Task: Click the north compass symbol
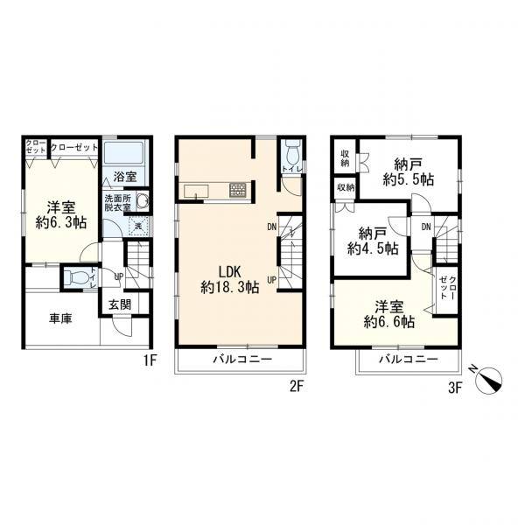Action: pyautogui.click(x=488, y=380)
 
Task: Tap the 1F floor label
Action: pyautogui.click(x=150, y=360)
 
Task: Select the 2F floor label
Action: pyautogui.click(x=297, y=387)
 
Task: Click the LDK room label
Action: pyautogui.click(x=230, y=271)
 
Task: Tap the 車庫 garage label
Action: pyautogui.click(x=60, y=318)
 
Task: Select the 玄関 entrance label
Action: pyautogui.click(x=120, y=304)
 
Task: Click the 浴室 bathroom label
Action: pyautogui.click(x=125, y=177)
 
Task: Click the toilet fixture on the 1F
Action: pyautogui.click(x=77, y=276)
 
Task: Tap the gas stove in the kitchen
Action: pyautogui.click(x=238, y=190)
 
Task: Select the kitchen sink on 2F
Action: pyautogui.click(x=197, y=192)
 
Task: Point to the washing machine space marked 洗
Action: pyautogui.click(x=138, y=227)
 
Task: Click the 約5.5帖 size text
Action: pyautogui.click(x=409, y=180)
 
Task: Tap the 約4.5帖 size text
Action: pyautogui.click(x=373, y=248)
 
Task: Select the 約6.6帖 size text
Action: pyautogui.click(x=389, y=322)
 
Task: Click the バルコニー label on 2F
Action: pyautogui.click(x=243, y=360)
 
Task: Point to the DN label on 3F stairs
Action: pyautogui.click(x=426, y=227)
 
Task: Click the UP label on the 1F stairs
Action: pyautogui.click(x=118, y=276)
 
